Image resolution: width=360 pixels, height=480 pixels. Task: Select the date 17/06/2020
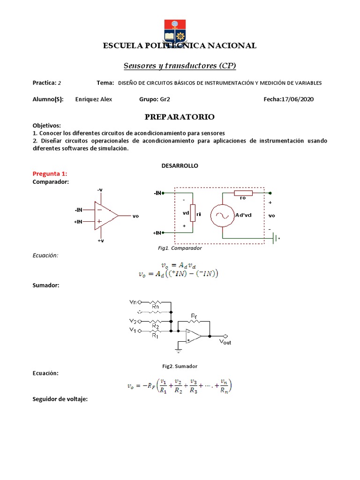click(297, 99)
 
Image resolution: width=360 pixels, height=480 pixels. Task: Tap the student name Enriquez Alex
click(94, 99)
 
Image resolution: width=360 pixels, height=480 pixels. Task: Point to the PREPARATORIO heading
click(180, 116)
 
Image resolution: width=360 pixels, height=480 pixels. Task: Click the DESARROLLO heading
click(180, 166)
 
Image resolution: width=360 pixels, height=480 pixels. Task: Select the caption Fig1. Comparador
click(180, 248)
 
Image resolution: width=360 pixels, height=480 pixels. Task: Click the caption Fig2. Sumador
click(180, 366)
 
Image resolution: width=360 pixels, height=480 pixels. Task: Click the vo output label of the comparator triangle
click(136, 216)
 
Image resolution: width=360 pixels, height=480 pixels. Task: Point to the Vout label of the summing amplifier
click(225, 343)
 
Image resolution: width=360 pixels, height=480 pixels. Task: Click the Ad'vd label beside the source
click(243, 215)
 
